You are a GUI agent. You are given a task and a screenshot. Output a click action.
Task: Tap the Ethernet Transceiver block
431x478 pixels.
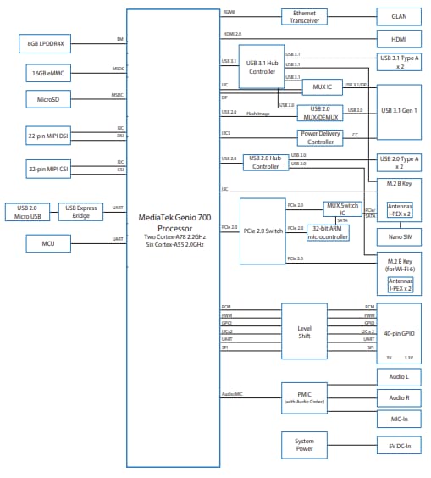[x=304, y=16]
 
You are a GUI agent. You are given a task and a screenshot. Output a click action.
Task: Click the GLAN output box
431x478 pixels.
[x=398, y=16]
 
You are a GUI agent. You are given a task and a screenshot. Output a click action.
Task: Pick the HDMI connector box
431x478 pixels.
[x=398, y=38]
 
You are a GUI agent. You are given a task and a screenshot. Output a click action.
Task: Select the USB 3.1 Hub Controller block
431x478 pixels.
[x=261, y=67]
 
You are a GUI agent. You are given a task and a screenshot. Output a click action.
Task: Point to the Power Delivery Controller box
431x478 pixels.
[x=320, y=137]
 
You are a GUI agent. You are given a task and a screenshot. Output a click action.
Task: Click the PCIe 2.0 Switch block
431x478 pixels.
[x=261, y=231]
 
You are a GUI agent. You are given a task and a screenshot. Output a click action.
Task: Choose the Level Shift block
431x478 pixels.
[x=304, y=331]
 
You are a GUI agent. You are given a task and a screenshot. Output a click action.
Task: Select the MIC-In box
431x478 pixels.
[x=398, y=419]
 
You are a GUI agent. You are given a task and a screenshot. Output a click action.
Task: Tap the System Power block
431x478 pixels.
[x=304, y=444]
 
